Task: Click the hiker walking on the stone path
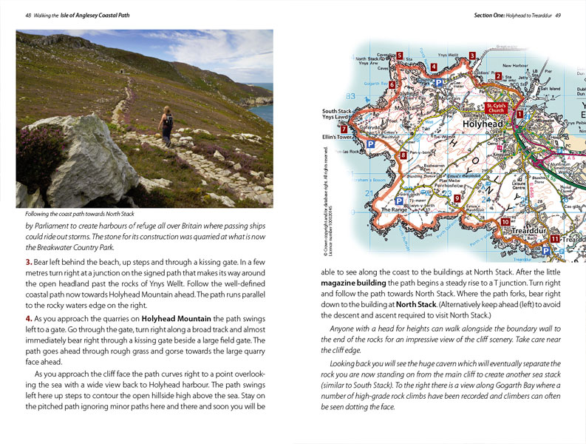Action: [167, 127]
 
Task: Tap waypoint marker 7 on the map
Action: [344, 129]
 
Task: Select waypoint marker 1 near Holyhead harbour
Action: [519, 114]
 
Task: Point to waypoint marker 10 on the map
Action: [505, 222]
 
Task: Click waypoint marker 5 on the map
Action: [399, 55]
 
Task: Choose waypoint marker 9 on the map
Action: [457, 198]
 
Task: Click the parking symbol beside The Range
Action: [399, 201]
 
